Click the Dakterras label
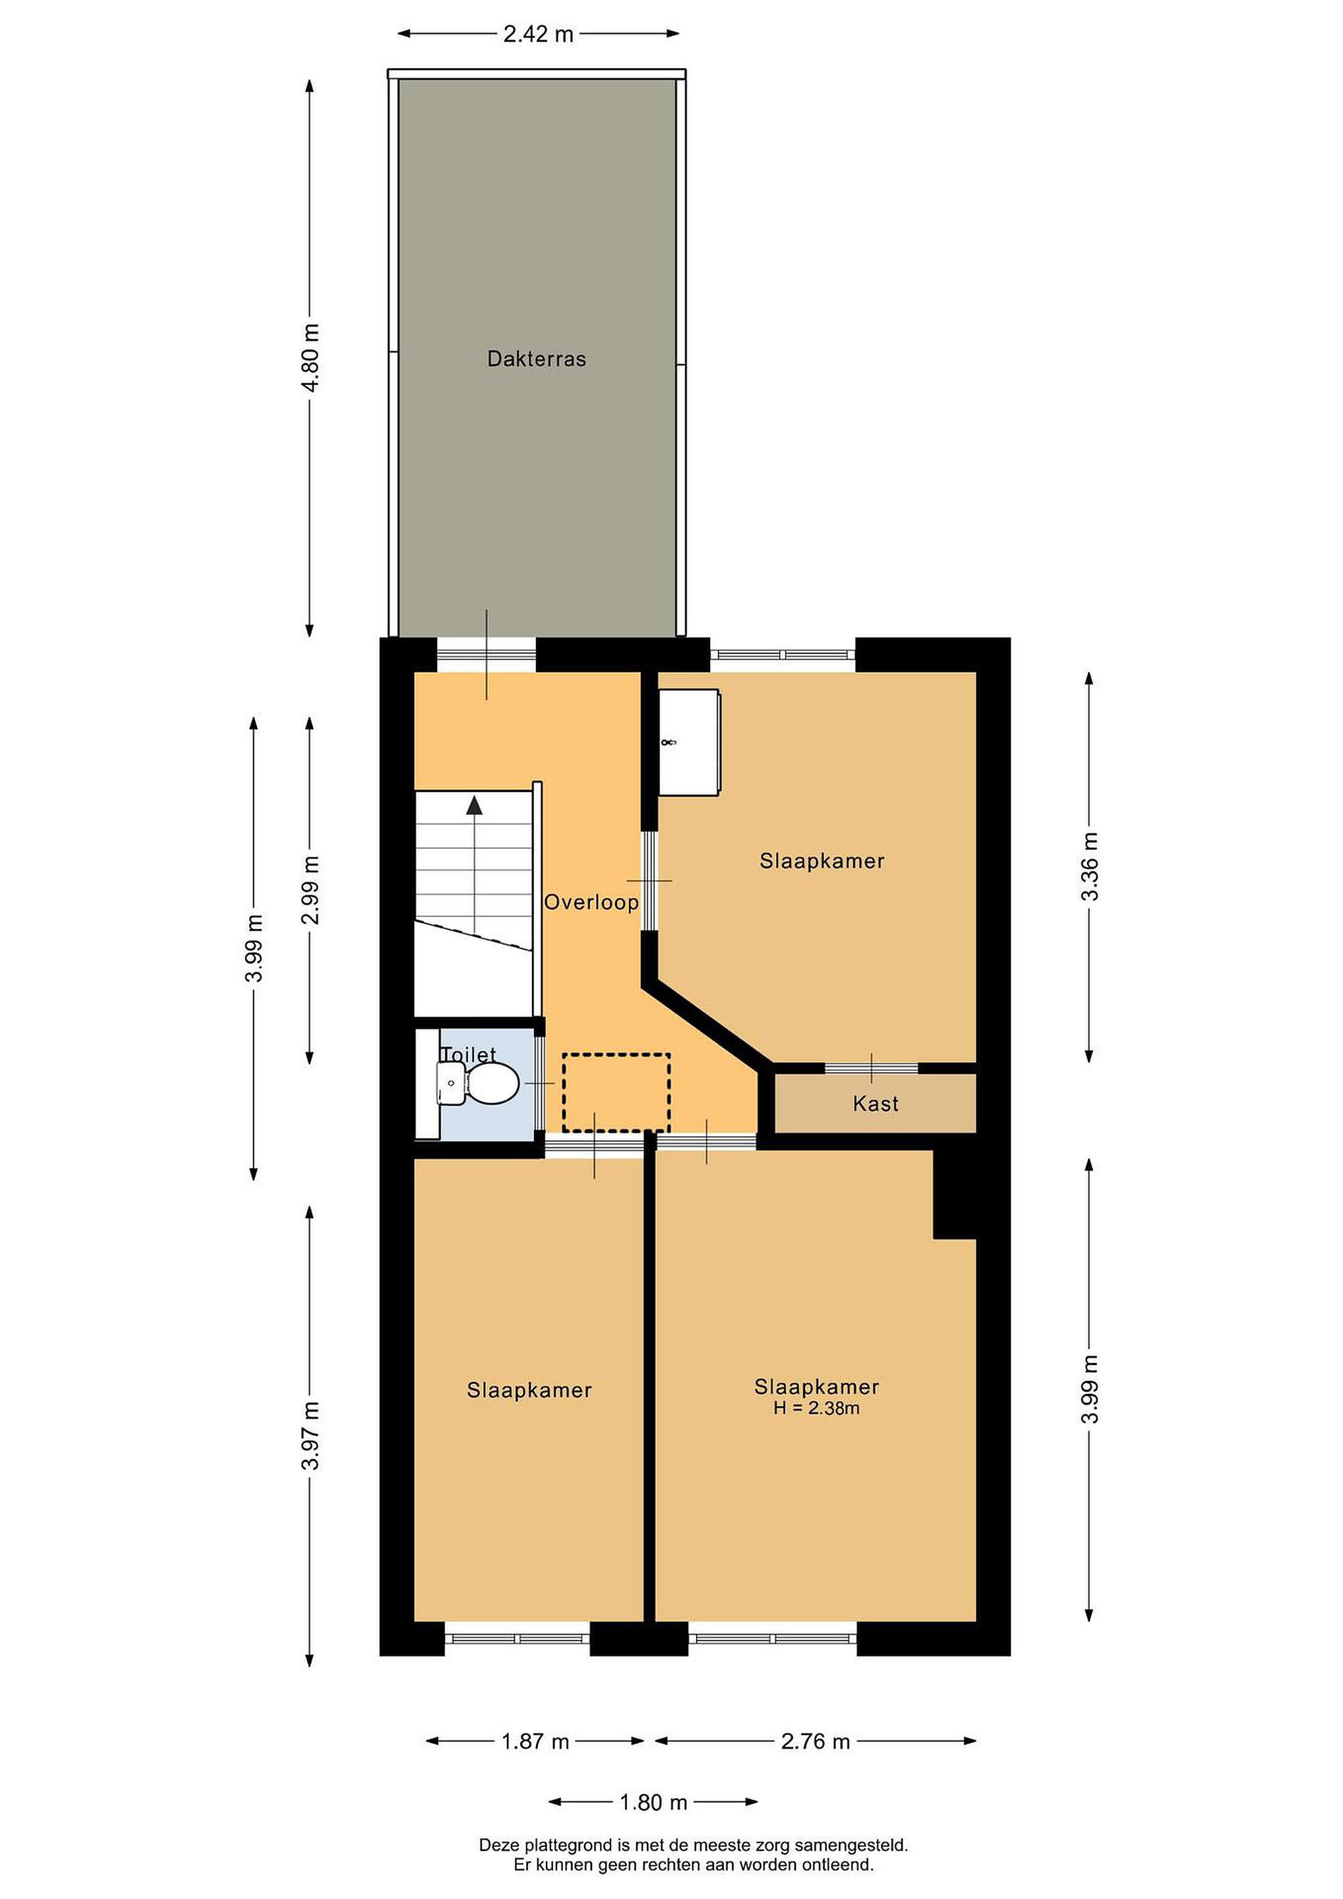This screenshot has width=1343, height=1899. (x=537, y=359)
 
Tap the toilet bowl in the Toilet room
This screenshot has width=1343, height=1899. (x=494, y=1083)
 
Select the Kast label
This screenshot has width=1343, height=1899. (x=876, y=1103)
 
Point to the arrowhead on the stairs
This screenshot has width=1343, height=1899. (x=474, y=806)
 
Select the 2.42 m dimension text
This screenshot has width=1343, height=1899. (x=539, y=34)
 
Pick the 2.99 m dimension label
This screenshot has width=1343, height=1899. (x=310, y=890)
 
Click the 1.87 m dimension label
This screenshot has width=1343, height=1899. (x=535, y=1742)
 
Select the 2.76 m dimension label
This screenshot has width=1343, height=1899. (x=816, y=1742)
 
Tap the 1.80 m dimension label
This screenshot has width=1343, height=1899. (x=653, y=1802)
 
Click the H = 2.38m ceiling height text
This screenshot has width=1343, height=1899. (x=816, y=1408)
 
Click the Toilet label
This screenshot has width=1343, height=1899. (x=468, y=1054)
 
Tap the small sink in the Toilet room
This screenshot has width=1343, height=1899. (x=451, y=1083)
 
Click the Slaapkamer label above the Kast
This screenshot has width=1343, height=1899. (x=822, y=861)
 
